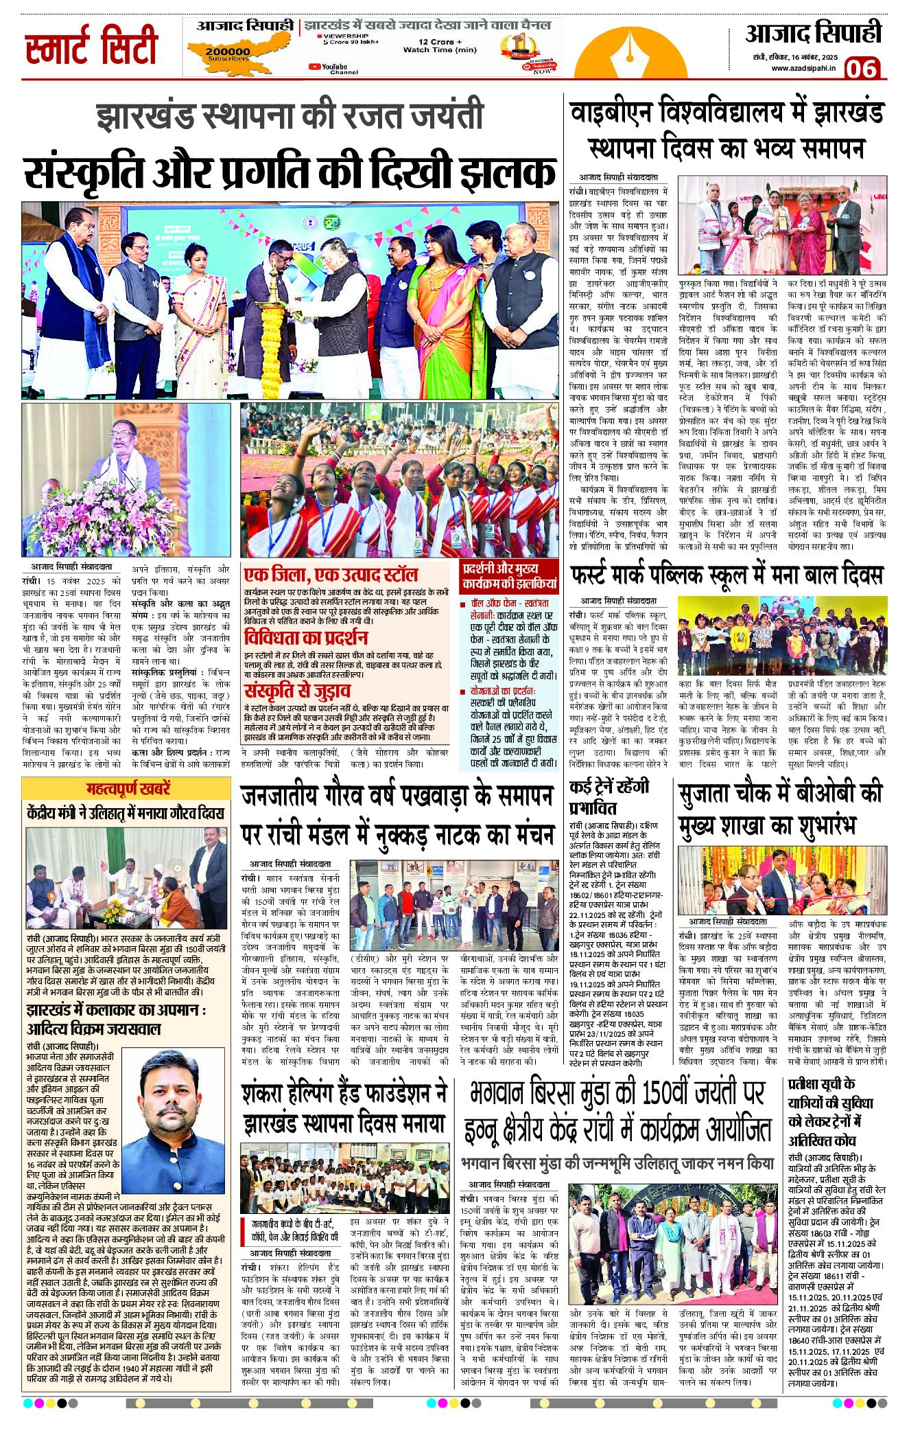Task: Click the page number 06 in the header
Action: click(862, 68)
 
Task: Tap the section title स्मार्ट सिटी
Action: click(91, 47)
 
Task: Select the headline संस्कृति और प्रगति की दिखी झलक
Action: click(290, 172)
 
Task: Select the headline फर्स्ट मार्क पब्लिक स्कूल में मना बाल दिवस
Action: click(727, 574)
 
